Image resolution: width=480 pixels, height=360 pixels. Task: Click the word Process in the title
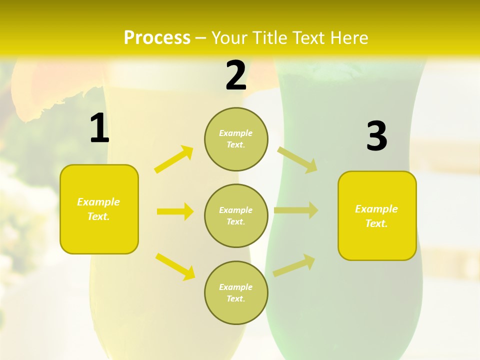157,37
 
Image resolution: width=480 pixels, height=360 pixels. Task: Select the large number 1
99,128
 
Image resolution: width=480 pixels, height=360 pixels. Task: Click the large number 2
236,75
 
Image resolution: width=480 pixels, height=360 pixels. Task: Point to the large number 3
376,136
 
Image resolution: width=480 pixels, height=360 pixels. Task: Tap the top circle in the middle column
236,139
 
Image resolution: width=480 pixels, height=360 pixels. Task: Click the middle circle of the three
236,215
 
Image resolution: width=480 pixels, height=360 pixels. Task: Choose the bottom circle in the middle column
236,292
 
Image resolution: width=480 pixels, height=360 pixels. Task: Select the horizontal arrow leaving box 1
175,211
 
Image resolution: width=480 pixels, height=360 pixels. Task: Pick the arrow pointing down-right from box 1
175,266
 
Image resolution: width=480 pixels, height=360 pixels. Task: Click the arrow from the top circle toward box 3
297,159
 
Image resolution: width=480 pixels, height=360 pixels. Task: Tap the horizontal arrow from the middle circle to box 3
296,210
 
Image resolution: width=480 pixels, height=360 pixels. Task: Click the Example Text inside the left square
98,209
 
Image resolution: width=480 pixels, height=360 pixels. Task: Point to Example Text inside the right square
376,216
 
